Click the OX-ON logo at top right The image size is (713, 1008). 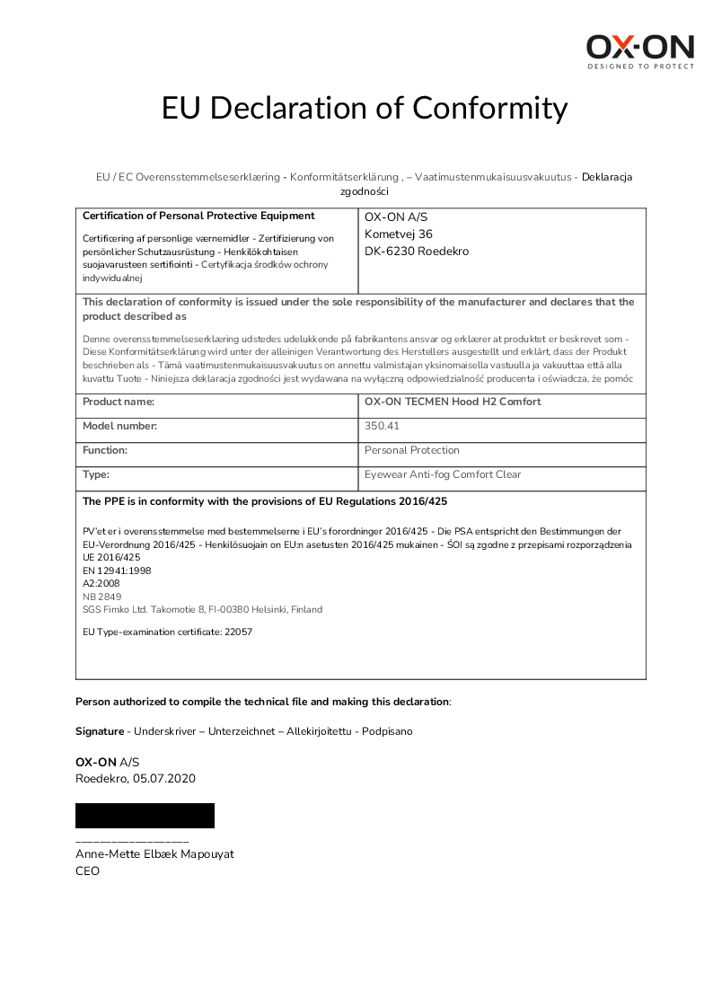click(x=640, y=51)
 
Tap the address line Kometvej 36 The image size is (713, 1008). click(x=399, y=234)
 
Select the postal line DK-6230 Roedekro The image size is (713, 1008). click(x=417, y=252)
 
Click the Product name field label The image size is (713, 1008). click(x=119, y=402)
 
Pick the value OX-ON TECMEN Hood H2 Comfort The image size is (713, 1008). click(x=453, y=402)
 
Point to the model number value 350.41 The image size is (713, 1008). click(x=382, y=427)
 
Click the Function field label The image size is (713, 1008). click(x=105, y=450)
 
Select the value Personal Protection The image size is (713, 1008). click(x=412, y=450)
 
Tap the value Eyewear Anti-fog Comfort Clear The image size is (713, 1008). click(x=443, y=474)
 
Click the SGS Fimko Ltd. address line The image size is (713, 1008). click(x=202, y=609)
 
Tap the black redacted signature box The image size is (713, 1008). click(x=145, y=816)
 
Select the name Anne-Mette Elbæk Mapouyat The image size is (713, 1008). click(x=154, y=854)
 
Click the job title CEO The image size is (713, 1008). click(x=87, y=871)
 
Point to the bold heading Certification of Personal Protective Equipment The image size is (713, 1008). click(x=198, y=216)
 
